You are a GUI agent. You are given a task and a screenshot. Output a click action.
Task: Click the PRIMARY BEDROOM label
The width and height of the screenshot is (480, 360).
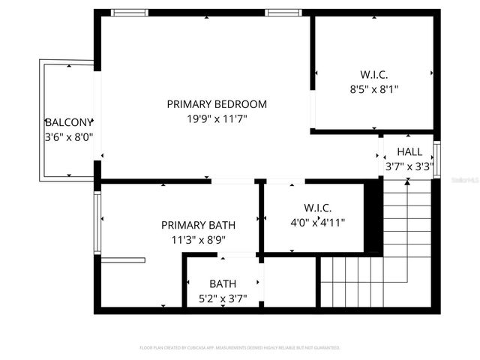(217, 104)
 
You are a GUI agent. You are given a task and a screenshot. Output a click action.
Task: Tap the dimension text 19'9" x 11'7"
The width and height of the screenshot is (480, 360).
(217, 118)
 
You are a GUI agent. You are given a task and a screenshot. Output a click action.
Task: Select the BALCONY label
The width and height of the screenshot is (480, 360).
(69, 121)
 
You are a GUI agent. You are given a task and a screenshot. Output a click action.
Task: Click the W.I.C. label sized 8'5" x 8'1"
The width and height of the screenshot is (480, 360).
(373, 74)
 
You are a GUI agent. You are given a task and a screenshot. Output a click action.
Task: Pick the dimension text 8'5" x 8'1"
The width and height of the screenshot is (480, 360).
(373, 88)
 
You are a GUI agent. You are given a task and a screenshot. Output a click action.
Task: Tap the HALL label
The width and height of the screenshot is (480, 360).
(409, 151)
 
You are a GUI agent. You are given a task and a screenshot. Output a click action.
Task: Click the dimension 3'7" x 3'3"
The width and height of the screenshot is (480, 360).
(409, 166)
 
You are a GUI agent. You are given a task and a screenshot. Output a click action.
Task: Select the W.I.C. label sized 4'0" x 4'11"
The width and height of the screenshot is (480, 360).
(318, 207)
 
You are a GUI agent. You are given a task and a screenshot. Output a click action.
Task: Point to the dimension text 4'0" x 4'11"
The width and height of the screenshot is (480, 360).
(318, 221)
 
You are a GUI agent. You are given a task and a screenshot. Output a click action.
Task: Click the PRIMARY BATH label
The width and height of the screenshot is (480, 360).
(198, 225)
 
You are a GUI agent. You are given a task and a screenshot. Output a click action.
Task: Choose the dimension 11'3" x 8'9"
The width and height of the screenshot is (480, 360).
(198, 239)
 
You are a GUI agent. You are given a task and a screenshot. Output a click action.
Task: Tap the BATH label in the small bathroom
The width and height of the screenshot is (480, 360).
(223, 283)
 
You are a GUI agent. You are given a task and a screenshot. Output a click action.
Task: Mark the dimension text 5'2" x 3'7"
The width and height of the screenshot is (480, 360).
(223, 298)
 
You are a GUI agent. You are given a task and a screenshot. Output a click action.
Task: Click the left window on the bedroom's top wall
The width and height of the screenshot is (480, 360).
(130, 13)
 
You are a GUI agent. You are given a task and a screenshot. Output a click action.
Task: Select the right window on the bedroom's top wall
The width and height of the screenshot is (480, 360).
(284, 13)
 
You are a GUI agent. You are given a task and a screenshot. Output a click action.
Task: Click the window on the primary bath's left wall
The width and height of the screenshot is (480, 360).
(97, 222)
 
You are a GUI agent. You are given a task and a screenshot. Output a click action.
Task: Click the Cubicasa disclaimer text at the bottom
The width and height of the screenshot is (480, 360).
(240, 348)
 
